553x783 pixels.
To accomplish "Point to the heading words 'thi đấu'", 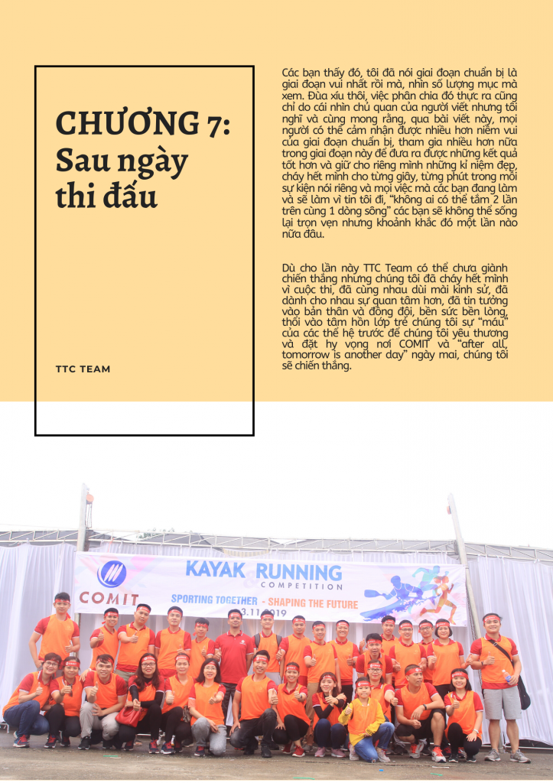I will coord(106,197).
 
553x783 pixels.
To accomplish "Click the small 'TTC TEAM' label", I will coord(83,369).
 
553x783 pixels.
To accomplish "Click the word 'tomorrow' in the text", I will coord(307,353).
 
